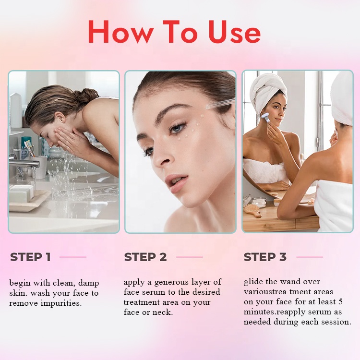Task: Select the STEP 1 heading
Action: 30,257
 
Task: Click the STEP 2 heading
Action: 145,257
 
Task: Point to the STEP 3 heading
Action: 265,257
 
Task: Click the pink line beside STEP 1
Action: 73,257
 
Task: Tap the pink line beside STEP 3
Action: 309,257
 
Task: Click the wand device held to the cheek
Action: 265,117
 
